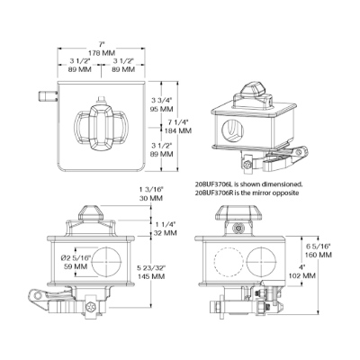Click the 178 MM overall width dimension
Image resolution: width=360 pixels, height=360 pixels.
pyautogui.click(x=102, y=53)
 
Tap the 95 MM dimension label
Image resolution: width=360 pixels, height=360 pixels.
pyautogui.click(x=162, y=109)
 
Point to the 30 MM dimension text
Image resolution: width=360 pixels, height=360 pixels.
pyautogui.click(x=151, y=198)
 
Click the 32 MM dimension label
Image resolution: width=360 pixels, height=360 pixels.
pyautogui.click(x=165, y=232)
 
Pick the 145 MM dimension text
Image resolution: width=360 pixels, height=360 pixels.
pyautogui.click(x=151, y=276)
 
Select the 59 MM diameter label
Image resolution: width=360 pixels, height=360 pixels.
pyautogui.click(x=76, y=266)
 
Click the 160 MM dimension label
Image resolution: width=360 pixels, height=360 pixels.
pyautogui.click(x=319, y=255)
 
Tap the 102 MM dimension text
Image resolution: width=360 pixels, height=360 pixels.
pyautogui.click(x=301, y=275)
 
